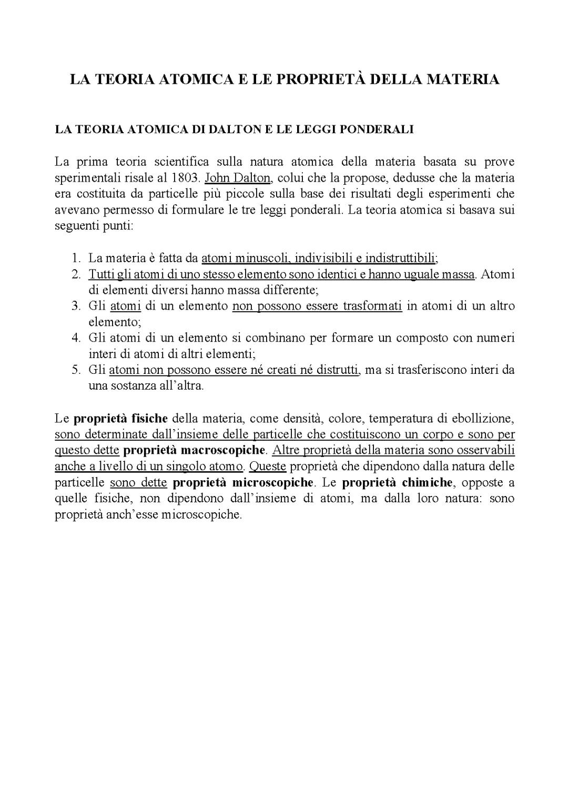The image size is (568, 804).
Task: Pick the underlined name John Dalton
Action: point(237,178)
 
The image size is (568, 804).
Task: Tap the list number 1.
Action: point(76,259)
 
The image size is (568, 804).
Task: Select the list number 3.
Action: point(76,306)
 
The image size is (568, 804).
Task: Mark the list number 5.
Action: point(76,370)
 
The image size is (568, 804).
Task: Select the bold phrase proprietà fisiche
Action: point(120,419)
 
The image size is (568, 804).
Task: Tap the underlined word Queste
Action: point(267,467)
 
